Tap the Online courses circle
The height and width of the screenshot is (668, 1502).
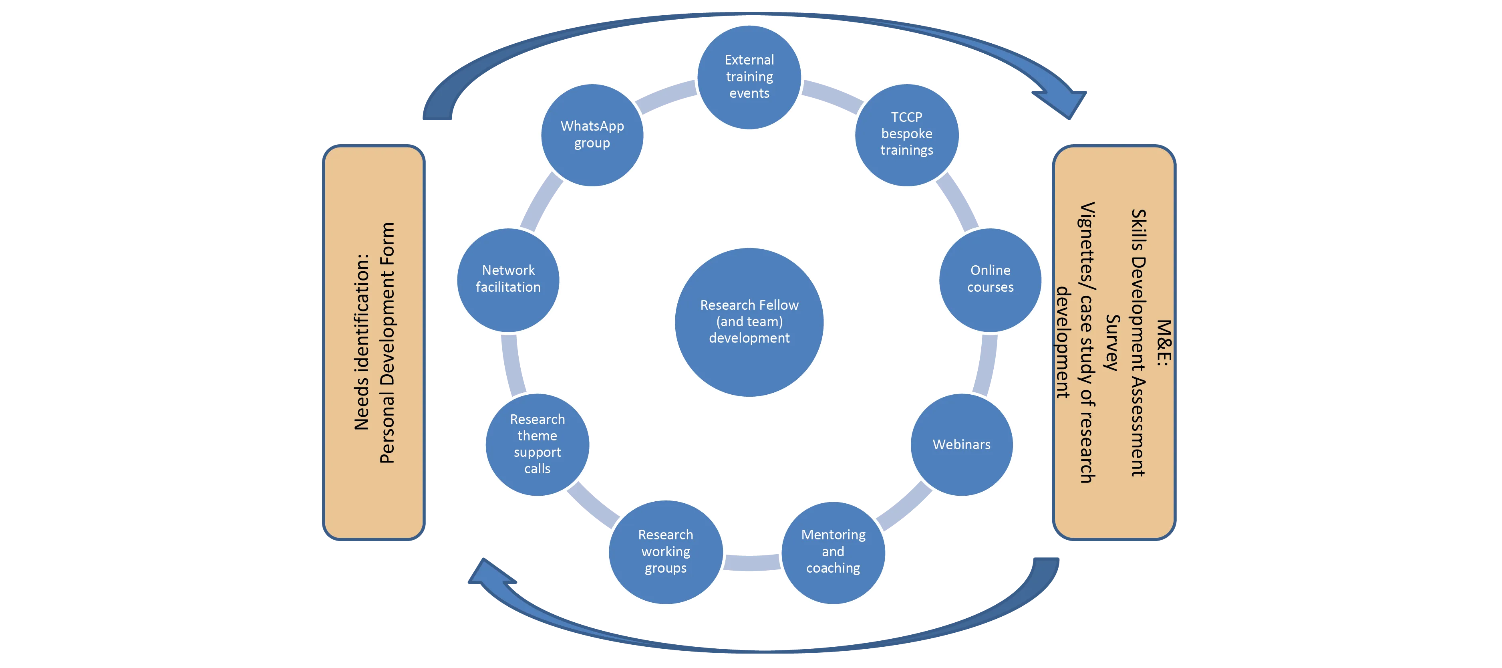pos(990,279)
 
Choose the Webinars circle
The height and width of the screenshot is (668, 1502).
pos(962,444)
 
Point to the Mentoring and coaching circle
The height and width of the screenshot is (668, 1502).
pos(833,552)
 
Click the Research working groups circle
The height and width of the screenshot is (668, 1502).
pos(665,552)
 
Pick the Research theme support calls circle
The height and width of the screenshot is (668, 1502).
pos(537,444)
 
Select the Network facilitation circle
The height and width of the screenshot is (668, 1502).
pos(508,279)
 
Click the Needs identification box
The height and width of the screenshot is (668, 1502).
pos(374,343)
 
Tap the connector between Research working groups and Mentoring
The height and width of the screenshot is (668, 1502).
pos(752,563)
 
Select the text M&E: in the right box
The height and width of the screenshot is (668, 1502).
pos(1163,343)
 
